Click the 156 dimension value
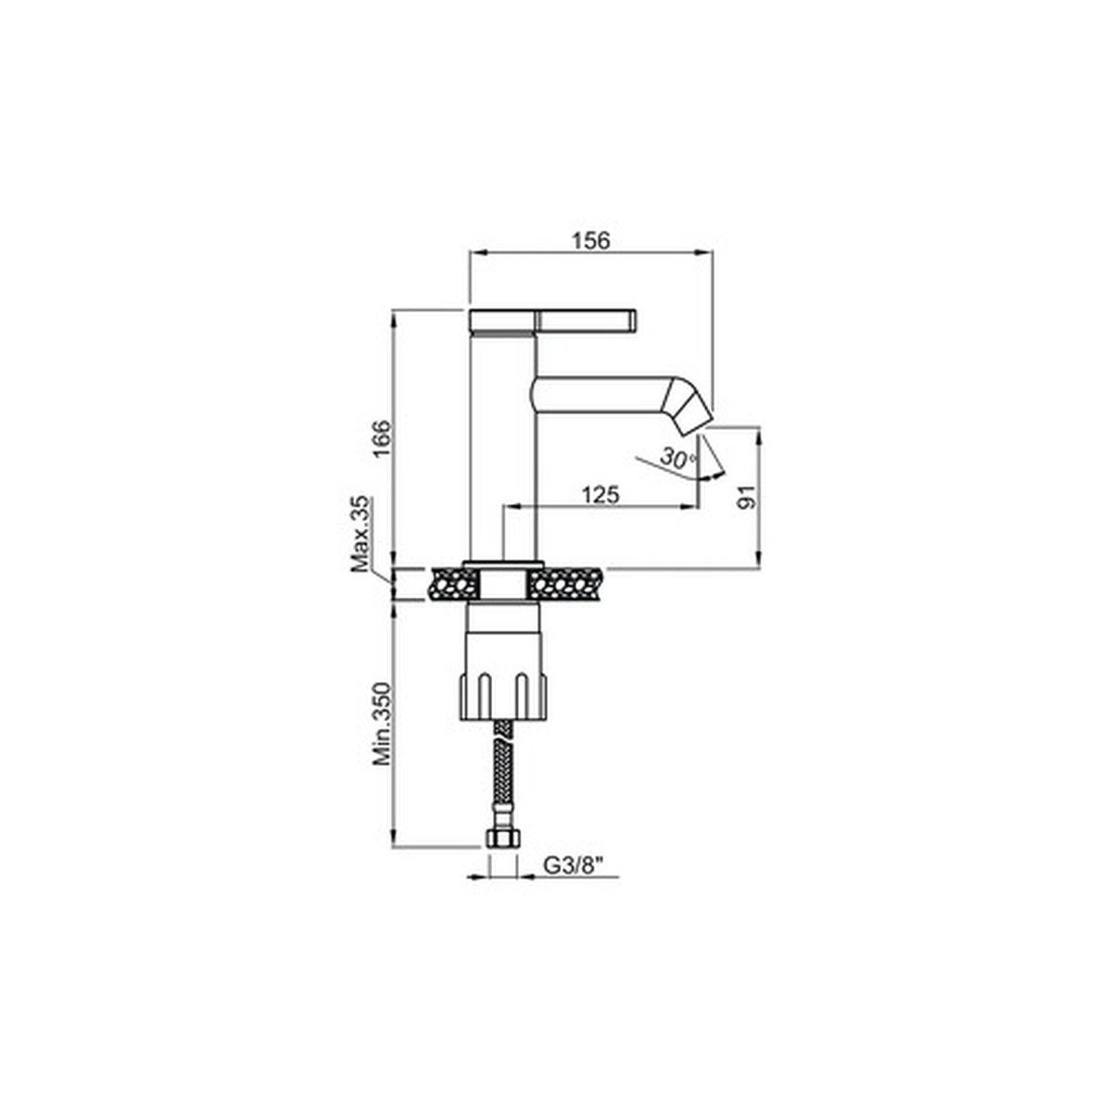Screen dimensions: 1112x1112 coord(590,240)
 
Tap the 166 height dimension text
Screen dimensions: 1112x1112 coord(382,439)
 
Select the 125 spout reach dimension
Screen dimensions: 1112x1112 coord(600,495)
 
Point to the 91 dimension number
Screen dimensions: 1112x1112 coord(747,496)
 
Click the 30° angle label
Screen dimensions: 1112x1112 coord(678,458)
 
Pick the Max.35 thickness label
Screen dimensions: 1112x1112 coord(360,533)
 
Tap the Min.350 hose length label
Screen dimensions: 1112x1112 coord(382,724)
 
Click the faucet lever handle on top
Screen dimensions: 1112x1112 coord(553,322)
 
